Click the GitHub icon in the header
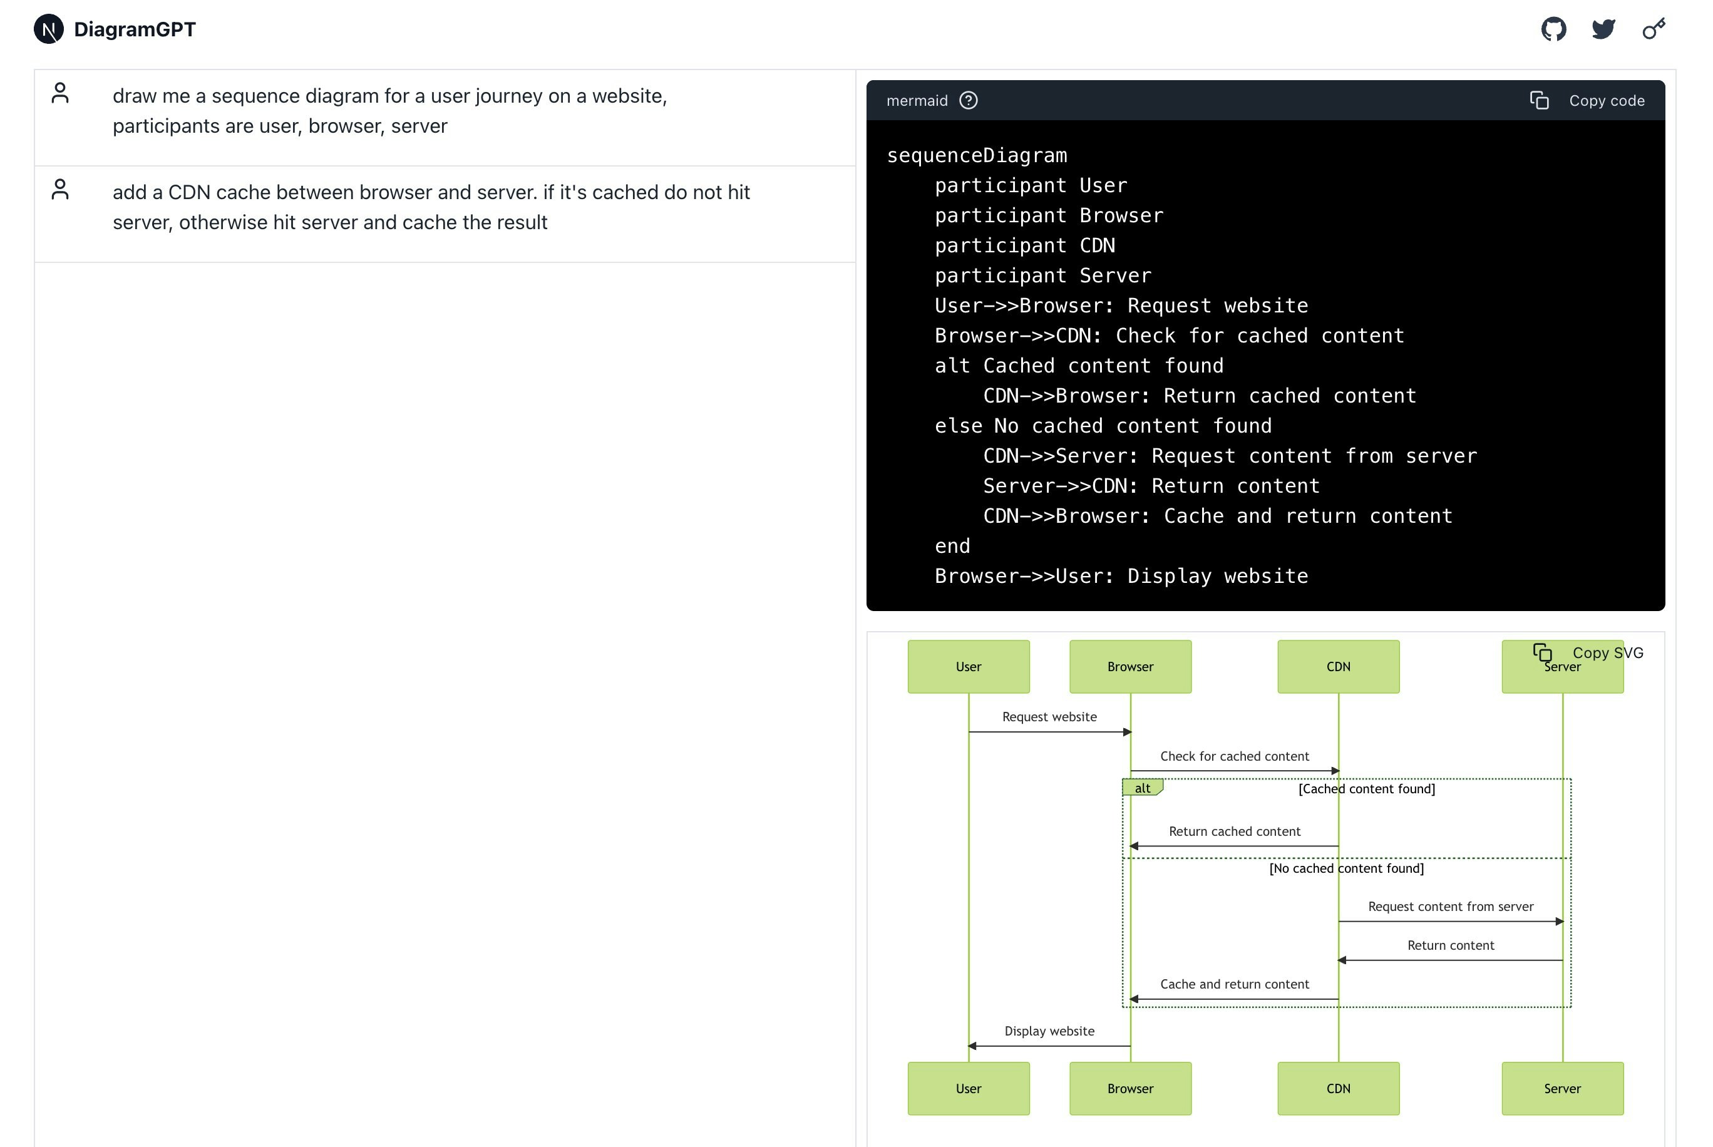(x=1553, y=29)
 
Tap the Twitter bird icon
(x=1603, y=29)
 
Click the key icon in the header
(x=1653, y=29)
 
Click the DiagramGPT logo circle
(x=49, y=29)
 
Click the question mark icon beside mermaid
(x=969, y=100)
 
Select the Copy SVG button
(x=1588, y=652)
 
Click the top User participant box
(x=969, y=666)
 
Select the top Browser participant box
(x=1130, y=666)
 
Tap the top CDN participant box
(x=1338, y=666)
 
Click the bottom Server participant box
(x=1562, y=1089)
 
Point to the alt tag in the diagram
(x=1142, y=788)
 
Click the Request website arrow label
(x=1049, y=717)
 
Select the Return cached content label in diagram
(x=1234, y=831)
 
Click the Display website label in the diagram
(x=1049, y=1031)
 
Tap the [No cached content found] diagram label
(x=1346, y=868)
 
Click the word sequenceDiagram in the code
(x=977, y=156)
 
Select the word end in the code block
(x=952, y=547)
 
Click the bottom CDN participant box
(x=1338, y=1089)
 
